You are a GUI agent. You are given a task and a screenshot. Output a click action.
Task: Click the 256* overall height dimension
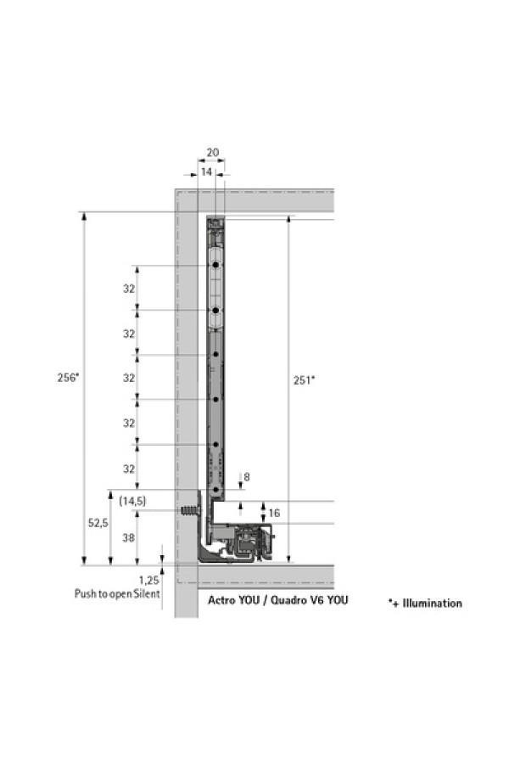tap(68, 377)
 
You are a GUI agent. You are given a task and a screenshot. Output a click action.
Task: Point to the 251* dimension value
tap(304, 380)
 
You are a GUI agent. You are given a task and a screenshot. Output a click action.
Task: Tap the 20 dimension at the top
tap(212, 153)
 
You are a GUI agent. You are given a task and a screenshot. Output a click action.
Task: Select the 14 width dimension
tap(206, 172)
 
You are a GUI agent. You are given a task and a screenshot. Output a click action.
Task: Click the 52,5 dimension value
tap(98, 523)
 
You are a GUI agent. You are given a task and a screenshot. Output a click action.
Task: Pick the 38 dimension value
tap(129, 537)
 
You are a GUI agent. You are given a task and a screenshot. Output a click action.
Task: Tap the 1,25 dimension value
tap(149, 581)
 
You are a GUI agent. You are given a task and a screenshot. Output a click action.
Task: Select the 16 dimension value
tap(274, 513)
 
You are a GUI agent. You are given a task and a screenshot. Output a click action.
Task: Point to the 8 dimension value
tap(247, 477)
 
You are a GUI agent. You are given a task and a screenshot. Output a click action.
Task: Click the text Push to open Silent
tap(117, 593)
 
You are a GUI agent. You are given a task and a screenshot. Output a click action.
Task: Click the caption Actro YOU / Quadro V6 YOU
tap(277, 600)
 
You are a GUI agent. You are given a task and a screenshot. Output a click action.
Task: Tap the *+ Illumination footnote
tap(425, 604)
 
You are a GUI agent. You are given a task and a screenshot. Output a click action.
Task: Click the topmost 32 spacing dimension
tap(129, 289)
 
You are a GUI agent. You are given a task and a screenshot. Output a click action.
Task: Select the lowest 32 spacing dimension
tap(129, 469)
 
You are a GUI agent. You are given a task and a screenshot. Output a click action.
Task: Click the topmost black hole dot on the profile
tap(215, 265)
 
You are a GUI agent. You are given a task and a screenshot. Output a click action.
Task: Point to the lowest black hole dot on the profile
tap(215, 489)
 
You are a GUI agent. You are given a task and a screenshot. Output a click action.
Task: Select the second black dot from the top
tap(215, 310)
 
